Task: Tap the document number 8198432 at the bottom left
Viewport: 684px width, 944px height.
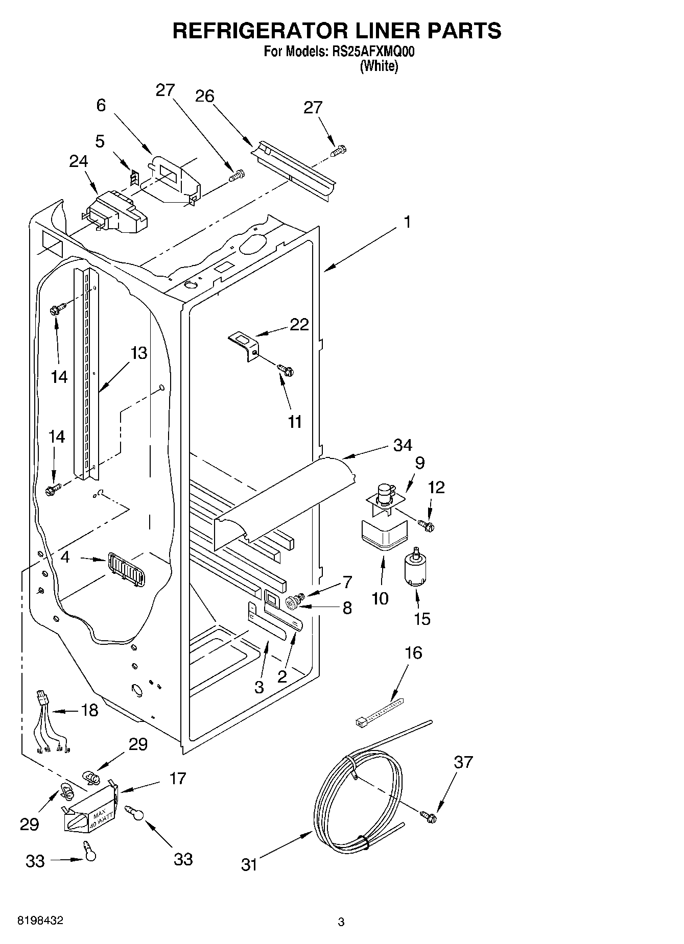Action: tap(41, 921)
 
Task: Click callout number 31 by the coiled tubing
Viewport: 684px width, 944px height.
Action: tap(249, 864)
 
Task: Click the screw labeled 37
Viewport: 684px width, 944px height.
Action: tap(429, 817)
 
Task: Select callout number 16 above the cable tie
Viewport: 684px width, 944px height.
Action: tap(413, 653)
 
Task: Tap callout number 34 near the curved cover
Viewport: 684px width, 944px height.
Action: tap(403, 446)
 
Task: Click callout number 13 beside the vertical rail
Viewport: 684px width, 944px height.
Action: tap(138, 353)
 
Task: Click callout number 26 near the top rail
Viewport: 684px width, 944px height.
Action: tap(205, 96)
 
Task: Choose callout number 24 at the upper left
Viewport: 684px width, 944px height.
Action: tap(79, 161)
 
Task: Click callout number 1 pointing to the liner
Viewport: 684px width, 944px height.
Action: tap(407, 222)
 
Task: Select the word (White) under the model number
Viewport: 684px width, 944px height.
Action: tap(379, 66)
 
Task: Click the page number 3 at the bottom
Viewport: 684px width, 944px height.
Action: tap(341, 922)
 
